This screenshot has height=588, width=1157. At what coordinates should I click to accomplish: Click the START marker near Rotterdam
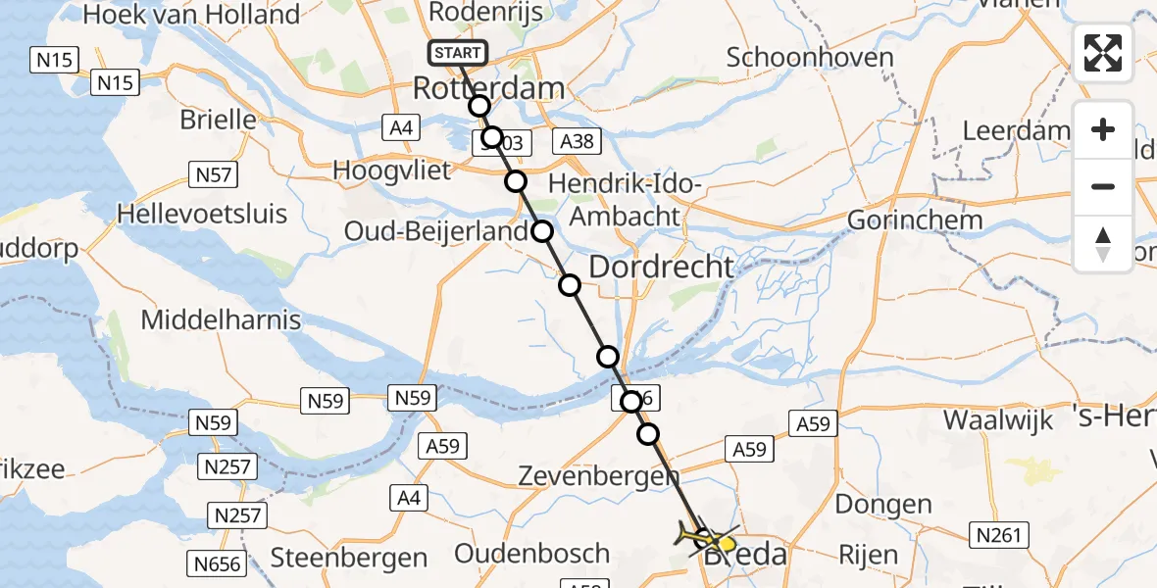pyautogui.click(x=457, y=53)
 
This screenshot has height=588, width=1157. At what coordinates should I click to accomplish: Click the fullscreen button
pyautogui.click(x=1103, y=53)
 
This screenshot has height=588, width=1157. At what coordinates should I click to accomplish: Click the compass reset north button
pyautogui.click(x=1103, y=243)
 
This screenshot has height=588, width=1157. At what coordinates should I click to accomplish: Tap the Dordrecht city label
pyautogui.click(x=661, y=267)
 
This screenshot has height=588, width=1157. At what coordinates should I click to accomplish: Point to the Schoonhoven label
pyautogui.click(x=809, y=57)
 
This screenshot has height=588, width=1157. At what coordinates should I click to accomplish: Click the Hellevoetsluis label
pyautogui.click(x=201, y=213)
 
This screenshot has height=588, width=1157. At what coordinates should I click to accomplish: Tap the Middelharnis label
pyautogui.click(x=221, y=319)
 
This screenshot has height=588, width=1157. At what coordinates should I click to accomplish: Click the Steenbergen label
pyautogui.click(x=349, y=558)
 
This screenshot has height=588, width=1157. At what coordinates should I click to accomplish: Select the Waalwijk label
pyautogui.click(x=997, y=420)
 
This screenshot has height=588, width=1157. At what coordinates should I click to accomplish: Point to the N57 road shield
pyautogui.click(x=213, y=175)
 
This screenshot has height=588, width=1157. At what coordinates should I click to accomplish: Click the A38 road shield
pyautogui.click(x=577, y=142)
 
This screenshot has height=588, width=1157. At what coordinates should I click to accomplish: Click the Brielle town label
pyautogui.click(x=218, y=120)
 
